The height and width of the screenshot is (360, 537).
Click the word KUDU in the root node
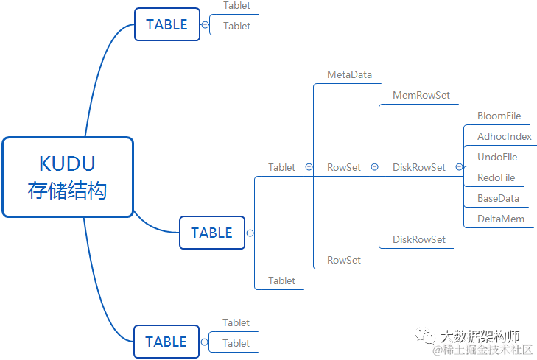[x=67, y=163]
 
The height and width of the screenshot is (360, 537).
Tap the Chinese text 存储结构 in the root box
[x=67, y=191]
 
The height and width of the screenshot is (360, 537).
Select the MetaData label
[x=349, y=74]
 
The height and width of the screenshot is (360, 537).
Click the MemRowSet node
[x=421, y=95]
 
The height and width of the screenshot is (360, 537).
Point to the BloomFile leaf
[x=499, y=116]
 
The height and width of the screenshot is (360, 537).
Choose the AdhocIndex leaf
[x=504, y=136]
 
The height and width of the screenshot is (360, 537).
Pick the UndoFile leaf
[x=497, y=157]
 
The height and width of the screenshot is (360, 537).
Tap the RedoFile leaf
[x=496, y=177]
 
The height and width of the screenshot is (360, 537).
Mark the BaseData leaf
[x=498, y=198]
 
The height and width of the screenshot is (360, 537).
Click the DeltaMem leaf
[x=499, y=219]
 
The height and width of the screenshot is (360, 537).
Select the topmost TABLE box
[x=167, y=24]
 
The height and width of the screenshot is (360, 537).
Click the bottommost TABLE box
[x=166, y=342]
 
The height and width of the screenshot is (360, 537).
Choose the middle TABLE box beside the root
[x=211, y=233]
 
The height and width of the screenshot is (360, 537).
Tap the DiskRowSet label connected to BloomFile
[x=418, y=167]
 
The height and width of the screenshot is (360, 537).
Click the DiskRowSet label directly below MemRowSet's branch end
[x=418, y=239]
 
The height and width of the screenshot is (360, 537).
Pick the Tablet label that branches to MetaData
[x=281, y=167]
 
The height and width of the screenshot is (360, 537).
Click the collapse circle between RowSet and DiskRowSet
[x=374, y=167]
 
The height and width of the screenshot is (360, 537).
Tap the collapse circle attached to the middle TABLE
[x=250, y=233]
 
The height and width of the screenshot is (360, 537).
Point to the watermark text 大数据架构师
[x=480, y=336]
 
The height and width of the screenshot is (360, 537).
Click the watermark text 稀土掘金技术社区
[x=487, y=350]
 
